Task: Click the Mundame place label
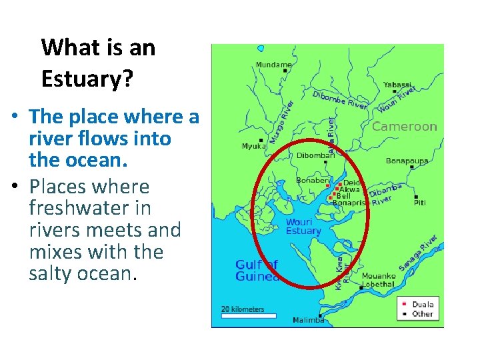pyautogui.click(x=273, y=65)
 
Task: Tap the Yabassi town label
pyautogui.click(x=397, y=85)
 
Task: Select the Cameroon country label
pyautogui.click(x=405, y=127)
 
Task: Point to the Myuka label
pyautogui.click(x=253, y=147)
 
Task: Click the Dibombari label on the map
pyautogui.click(x=315, y=156)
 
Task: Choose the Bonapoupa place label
pyautogui.click(x=407, y=161)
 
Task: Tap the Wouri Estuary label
pyautogui.click(x=303, y=227)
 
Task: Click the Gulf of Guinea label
pyautogui.click(x=257, y=271)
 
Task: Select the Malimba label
pyautogui.click(x=308, y=321)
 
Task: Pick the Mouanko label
pyautogui.click(x=379, y=276)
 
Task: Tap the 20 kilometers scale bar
pyautogui.click(x=249, y=315)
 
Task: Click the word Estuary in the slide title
pyautogui.click(x=87, y=79)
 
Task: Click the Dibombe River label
pyautogui.click(x=340, y=101)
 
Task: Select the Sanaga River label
pyautogui.click(x=417, y=253)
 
